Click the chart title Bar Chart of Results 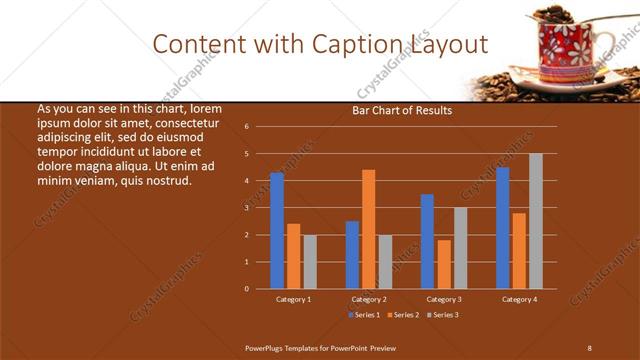(x=402, y=110)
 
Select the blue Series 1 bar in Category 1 (x=277, y=230)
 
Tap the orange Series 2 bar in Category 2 (x=369, y=229)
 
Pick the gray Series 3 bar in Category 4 (x=536, y=221)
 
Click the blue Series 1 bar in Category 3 (x=427, y=241)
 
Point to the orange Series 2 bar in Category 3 (x=444, y=264)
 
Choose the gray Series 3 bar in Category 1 (x=310, y=262)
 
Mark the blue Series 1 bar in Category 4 (x=503, y=228)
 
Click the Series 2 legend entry (x=402, y=315)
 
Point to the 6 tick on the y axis (x=246, y=127)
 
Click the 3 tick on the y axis (x=246, y=208)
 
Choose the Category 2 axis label (x=369, y=299)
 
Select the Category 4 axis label (x=519, y=299)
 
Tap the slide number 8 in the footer (x=589, y=347)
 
